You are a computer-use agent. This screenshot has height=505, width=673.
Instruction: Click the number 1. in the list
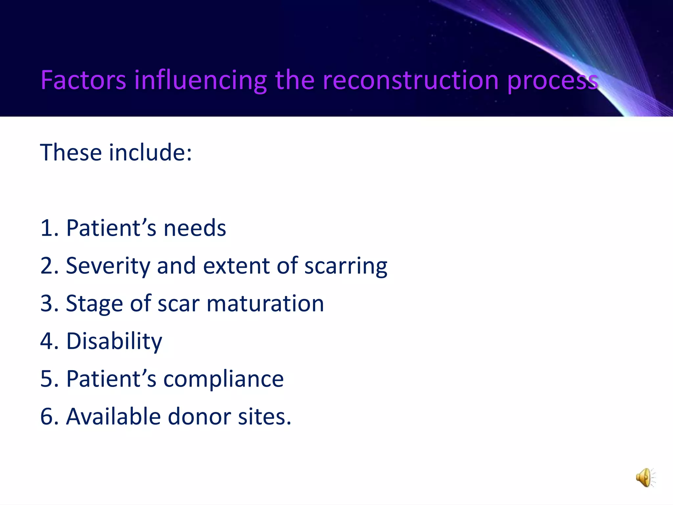pyautogui.click(x=49, y=228)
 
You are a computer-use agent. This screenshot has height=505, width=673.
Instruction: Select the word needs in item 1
pyautogui.click(x=195, y=228)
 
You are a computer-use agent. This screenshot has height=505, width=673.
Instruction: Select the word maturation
pyautogui.click(x=265, y=303)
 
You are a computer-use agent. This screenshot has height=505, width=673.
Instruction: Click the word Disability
pyautogui.click(x=114, y=341)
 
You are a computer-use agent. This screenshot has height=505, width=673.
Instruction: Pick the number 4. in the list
pyautogui.click(x=49, y=341)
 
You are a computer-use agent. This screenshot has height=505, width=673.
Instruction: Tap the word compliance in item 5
pyautogui.click(x=223, y=379)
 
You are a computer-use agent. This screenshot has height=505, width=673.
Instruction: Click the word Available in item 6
pyautogui.click(x=113, y=417)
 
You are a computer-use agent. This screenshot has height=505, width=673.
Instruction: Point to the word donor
pyautogui.click(x=199, y=417)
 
